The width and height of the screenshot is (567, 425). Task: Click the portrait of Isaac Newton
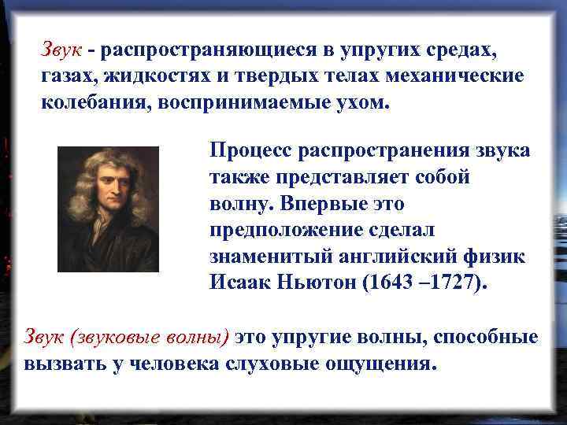pos(108,209)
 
